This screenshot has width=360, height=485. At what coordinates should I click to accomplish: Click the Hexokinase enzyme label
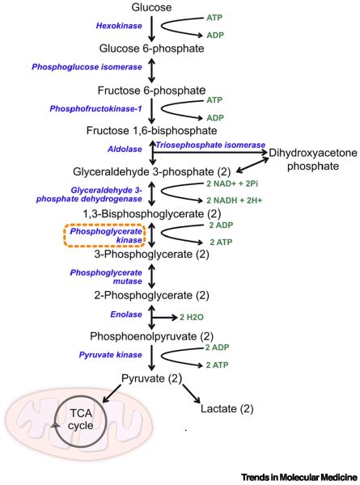point(119,26)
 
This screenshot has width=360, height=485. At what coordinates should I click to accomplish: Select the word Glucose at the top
point(151,7)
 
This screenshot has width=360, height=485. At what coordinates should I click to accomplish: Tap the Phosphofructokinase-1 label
point(95,109)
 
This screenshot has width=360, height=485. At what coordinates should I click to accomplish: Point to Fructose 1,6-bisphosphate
point(151,130)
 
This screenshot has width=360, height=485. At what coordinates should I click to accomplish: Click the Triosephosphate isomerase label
point(210,145)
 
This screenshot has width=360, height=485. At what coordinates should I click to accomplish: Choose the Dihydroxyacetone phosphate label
point(313,159)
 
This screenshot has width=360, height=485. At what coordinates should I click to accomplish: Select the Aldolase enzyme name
point(125,149)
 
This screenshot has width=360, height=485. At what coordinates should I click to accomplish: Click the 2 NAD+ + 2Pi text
point(232,183)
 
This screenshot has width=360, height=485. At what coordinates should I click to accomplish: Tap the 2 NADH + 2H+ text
point(234,200)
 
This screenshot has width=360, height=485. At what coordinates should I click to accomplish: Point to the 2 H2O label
point(192,318)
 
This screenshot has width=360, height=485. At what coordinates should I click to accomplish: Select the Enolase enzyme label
point(126,314)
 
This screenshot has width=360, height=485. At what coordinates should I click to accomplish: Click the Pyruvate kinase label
point(111,355)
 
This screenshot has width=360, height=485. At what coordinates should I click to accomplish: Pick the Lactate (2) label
point(227,408)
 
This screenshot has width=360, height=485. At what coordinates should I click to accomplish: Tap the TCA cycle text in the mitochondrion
point(80,419)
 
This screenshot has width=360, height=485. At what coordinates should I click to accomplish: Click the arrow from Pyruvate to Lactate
point(191,394)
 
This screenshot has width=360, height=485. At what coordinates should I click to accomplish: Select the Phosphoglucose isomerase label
point(87,67)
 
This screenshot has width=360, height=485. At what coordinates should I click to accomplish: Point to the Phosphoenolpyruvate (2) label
point(151,336)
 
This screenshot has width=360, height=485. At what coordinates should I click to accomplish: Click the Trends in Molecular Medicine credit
point(299,477)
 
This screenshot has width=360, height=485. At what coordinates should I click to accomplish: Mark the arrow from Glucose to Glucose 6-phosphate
point(151,29)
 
